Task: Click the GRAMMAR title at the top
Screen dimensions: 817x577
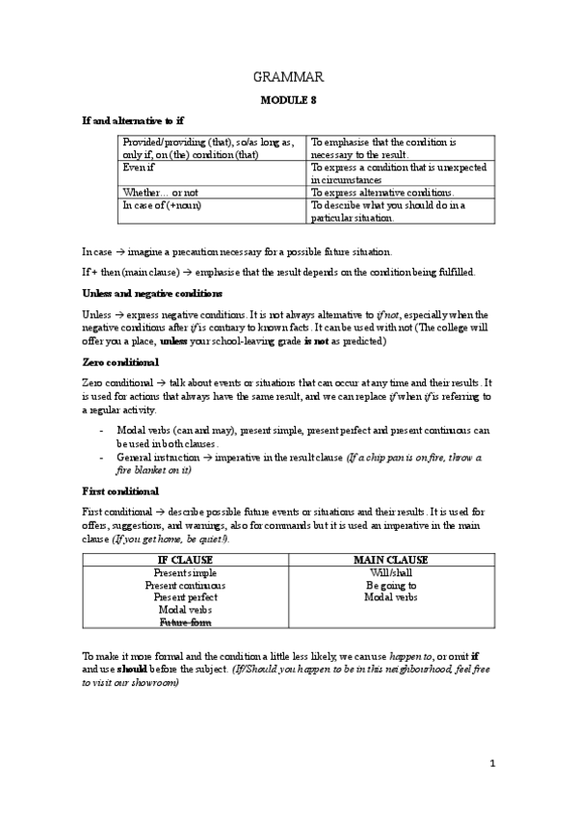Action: coord(288,77)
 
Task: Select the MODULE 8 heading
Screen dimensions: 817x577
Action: coord(288,99)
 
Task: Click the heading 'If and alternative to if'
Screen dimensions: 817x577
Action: coord(132,121)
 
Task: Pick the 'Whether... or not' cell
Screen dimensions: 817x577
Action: coord(159,192)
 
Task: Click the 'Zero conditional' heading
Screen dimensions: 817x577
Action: coord(119,362)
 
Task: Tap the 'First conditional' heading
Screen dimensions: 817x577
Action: coord(119,490)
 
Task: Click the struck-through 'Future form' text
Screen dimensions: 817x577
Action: coord(185,622)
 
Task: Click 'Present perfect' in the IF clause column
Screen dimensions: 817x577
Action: coord(185,597)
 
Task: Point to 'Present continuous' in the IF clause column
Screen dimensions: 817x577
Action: coord(185,585)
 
